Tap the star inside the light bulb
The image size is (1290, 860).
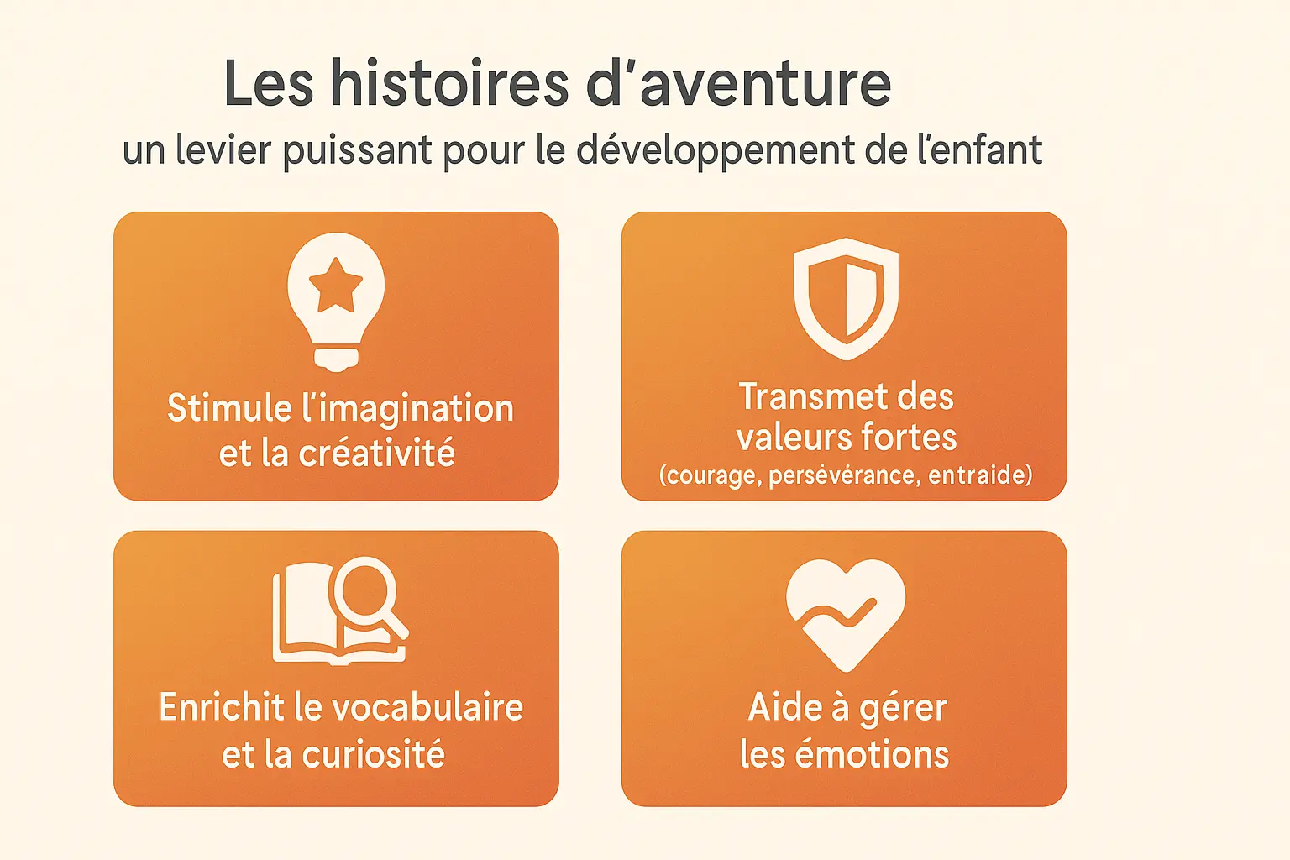(x=336, y=284)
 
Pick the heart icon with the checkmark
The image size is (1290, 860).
(x=846, y=613)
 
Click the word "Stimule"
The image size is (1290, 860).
(x=229, y=408)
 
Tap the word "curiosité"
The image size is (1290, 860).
(x=374, y=754)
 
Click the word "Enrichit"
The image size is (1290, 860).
(x=222, y=707)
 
